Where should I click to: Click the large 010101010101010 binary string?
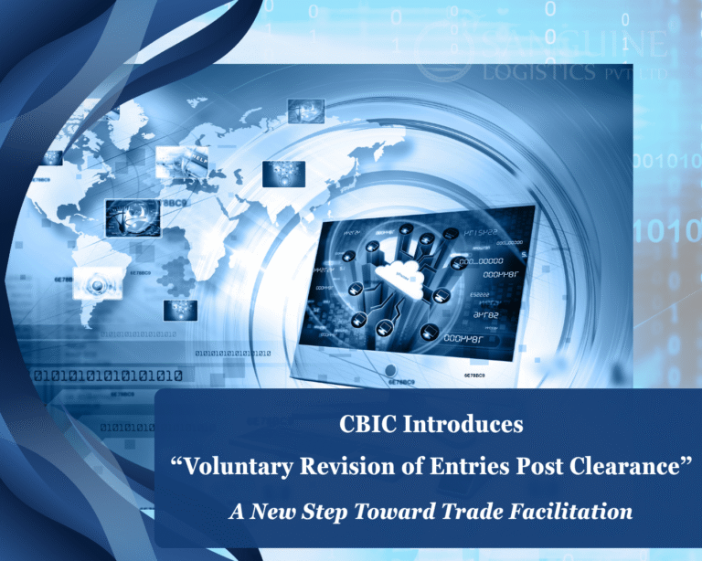click(x=107, y=375)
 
